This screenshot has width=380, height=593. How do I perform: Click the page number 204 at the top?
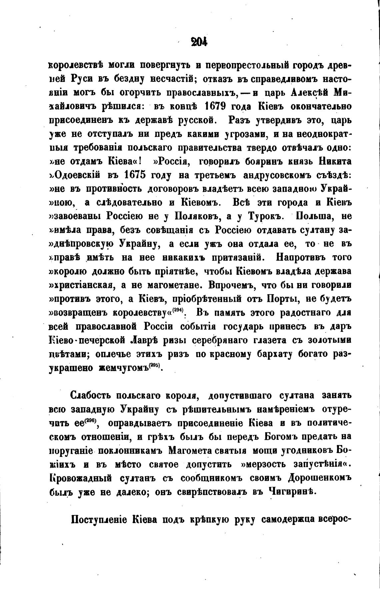pos(199,42)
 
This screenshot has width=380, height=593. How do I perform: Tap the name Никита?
pos(335,161)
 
